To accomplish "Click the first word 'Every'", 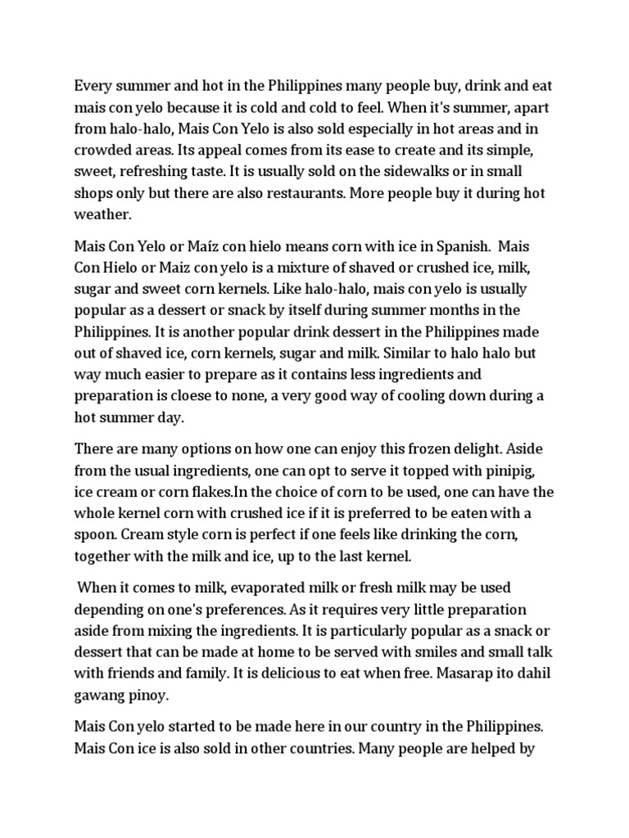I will coord(93,85).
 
